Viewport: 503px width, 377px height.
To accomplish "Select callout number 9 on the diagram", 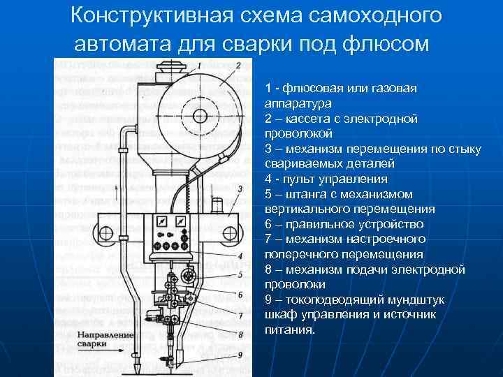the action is (x=239, y=355).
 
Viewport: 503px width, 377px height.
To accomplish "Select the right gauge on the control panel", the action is (x=183, y=221).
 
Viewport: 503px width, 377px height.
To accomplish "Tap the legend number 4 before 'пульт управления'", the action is (x=269, y=179).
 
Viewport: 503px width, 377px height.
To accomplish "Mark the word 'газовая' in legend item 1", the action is (x=394, y=87).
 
